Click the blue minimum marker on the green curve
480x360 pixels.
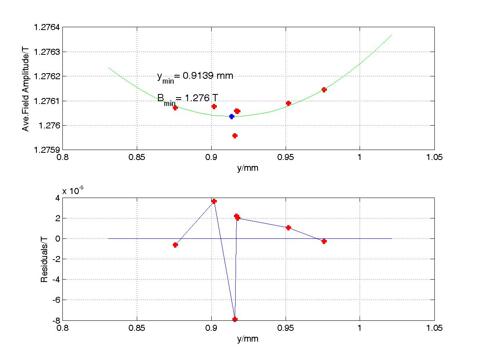click(232, 116)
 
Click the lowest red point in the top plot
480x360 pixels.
click(235, 136)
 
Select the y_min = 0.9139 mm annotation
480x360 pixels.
click(195, 76)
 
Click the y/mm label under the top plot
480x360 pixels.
click(248, 168)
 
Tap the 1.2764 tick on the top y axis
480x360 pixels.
click(47, 27)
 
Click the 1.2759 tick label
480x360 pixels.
click(47, 150)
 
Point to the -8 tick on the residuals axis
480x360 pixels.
click(55, 320)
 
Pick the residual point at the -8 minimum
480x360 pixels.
click(235, 319)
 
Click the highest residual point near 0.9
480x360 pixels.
click(214, 201)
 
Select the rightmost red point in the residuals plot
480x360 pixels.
click(324, 241)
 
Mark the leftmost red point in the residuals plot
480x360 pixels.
click(175, 245)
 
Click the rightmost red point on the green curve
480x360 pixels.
click(324, 90)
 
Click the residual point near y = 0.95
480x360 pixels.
click(288, 228)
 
